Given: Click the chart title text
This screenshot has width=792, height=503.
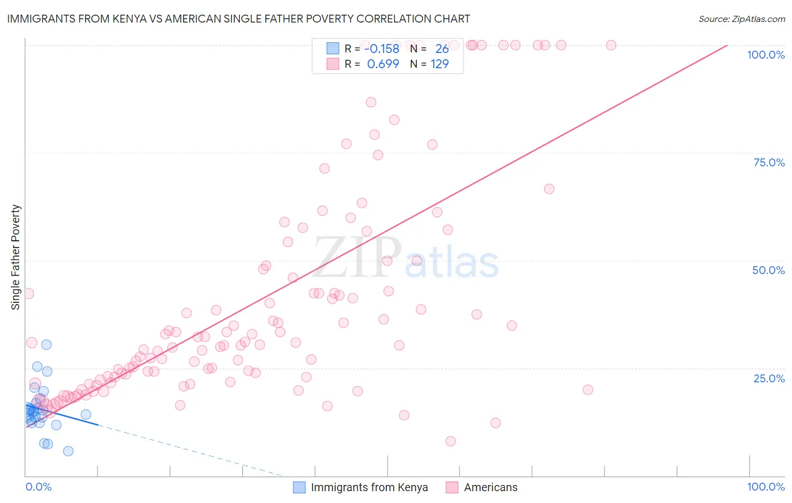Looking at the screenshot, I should pyautogui.click(x=238, y=19).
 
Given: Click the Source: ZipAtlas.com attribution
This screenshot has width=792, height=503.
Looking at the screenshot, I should pyautogui.click(x=741, y=19).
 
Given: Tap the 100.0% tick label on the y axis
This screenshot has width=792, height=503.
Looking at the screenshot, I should pyautogui.click(x=766, y=55).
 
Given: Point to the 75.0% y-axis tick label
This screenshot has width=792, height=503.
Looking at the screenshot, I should pyautogui.click(x=769, y=162).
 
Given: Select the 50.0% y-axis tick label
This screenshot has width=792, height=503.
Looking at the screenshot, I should pyautogui.click(x=768, y=270).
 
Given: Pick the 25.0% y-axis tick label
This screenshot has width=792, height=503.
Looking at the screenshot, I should pyautogui.click(x=769, y=378).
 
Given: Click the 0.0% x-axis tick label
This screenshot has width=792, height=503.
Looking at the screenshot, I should pyautogui.click(x=38, y=487).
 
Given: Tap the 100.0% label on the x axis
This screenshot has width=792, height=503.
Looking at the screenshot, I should pyautogui.click(x=766, y=487).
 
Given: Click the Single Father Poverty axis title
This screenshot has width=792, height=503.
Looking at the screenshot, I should pyautogui.click(x=16, y=257).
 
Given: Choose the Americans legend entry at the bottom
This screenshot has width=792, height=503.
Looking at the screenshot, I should pyautogui.click(x=490, y=487).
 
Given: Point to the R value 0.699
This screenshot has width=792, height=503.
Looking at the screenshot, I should pyautogui.click(x=382, y=64).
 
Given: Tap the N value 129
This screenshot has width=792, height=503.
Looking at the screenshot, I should pyautogui.click(x=439, y=64).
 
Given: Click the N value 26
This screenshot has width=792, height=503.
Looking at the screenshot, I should pyautogui.click(x=442, y=49).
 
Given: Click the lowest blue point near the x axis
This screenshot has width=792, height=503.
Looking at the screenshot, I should pyautogui.click(x=68, y=451).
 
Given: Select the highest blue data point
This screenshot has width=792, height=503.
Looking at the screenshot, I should pyautogui.click(x=46, y=345).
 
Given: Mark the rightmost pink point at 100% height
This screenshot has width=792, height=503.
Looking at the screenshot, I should pyautogui.click(x=611, y=45).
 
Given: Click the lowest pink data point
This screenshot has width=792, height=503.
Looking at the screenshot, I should pyautogui.click(x=451, y=441).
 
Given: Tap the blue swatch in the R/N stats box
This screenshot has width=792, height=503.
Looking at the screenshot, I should pyautogui.click(x=333, y=49).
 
